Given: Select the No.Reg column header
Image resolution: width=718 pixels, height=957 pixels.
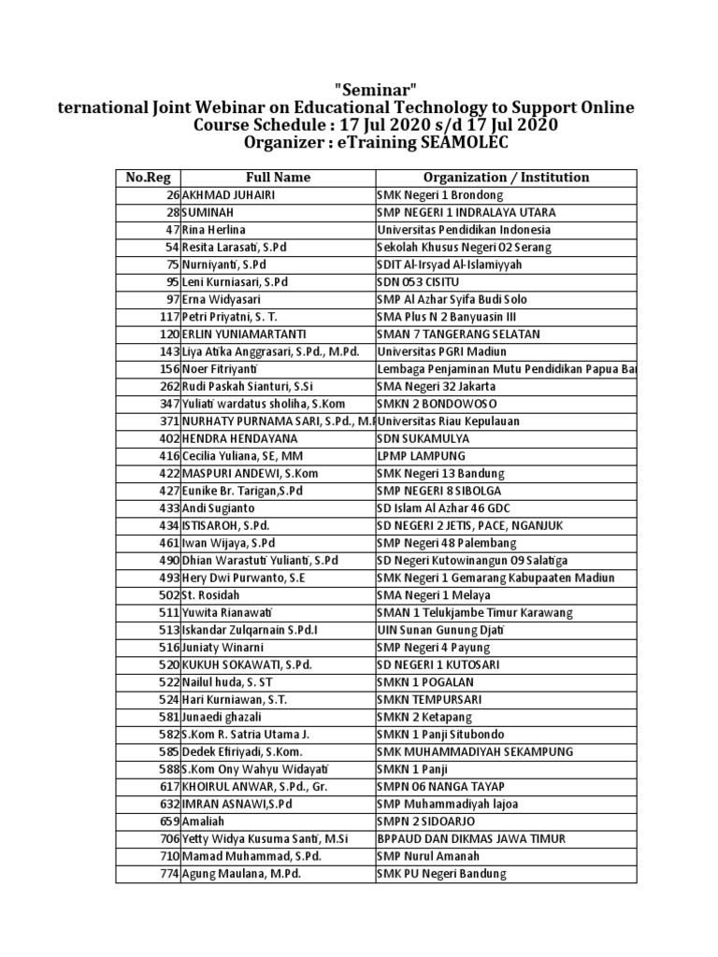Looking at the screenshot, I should [x=148, y=178].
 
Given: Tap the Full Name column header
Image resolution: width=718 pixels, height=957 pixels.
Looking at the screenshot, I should [x=278, y=178].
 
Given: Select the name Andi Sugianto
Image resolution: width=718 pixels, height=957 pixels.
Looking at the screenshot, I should [x=218, y=508].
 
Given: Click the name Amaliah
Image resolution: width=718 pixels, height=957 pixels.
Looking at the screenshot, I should [x=203, y=821].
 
